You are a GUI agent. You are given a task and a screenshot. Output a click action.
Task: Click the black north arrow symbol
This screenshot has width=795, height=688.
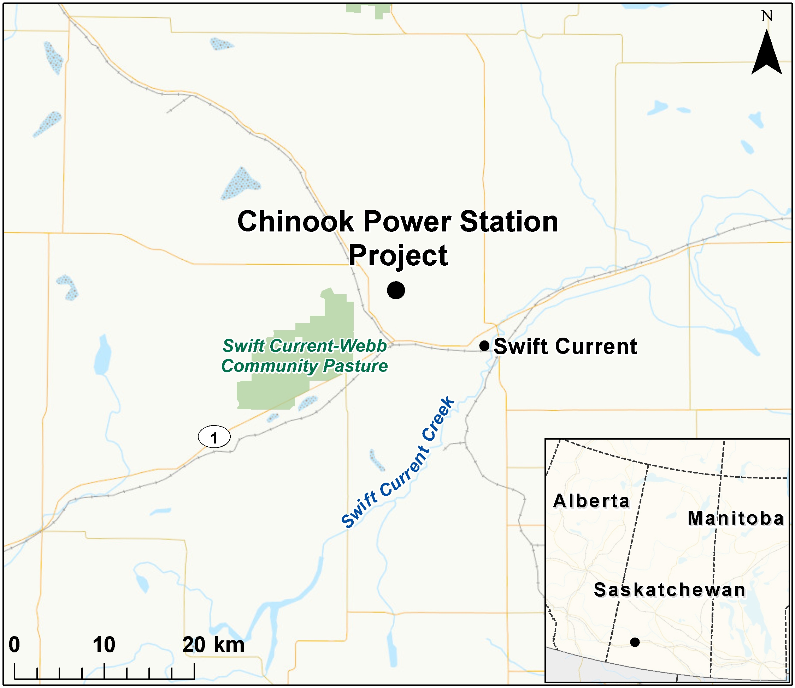766,54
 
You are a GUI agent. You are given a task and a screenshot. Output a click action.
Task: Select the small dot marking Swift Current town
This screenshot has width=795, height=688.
484,345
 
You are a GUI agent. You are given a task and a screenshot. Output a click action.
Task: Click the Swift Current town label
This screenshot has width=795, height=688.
565,346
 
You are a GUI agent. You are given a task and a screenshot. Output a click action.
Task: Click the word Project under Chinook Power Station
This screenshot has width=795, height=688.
398,255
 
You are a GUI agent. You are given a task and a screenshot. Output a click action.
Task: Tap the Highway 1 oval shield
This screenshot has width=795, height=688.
214,436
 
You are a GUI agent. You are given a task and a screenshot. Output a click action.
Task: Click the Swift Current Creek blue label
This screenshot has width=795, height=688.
398,463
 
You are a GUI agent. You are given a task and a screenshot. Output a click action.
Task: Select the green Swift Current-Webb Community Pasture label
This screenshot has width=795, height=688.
305,356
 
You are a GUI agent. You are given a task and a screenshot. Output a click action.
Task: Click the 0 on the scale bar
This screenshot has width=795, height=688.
14,645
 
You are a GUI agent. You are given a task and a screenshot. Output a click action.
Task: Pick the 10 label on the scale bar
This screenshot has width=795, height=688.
104,645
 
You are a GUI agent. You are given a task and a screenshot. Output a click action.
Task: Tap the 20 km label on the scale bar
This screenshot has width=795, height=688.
213,645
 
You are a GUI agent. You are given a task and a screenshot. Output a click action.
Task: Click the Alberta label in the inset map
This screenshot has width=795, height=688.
591,501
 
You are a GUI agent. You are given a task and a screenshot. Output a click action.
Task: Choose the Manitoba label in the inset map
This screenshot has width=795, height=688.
735,518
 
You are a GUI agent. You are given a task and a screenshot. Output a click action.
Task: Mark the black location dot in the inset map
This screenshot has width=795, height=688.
635,642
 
